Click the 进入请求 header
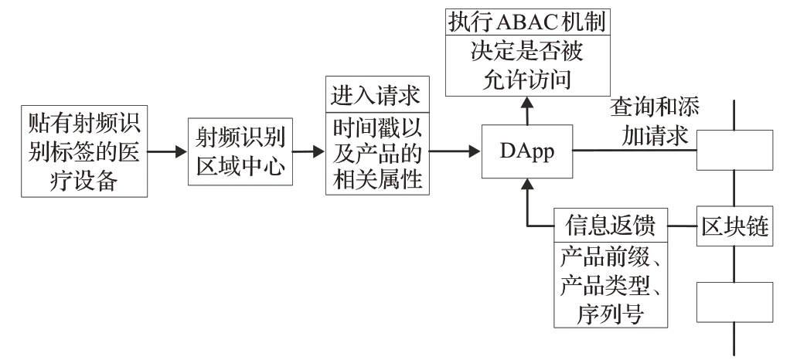coord(376,97)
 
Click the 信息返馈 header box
coord(611,226)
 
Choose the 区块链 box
coord(734,226)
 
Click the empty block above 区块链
coord(734,149)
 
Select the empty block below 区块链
coord(734,302)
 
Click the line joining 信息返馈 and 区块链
coord(680,226)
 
